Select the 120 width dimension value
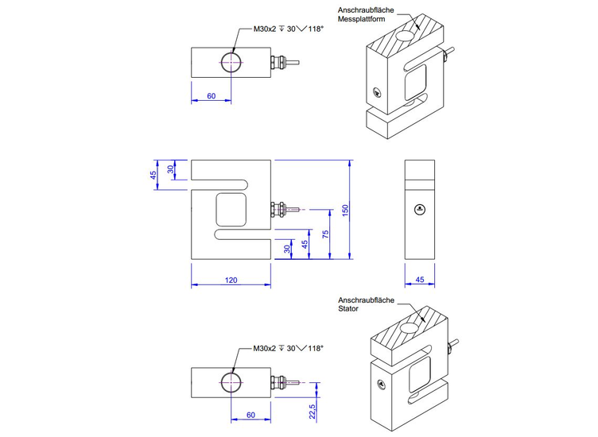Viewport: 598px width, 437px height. (x=231, y=280)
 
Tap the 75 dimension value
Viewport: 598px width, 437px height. (x=325, y=235)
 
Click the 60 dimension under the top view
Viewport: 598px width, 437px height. (x=211, y=96)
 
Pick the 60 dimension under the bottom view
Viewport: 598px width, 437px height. (x=250, y=415)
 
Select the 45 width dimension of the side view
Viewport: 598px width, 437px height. (x=420, y=280)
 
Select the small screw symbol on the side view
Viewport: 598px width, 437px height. (x=420, y=209)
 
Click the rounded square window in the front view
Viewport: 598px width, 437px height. (x=232, y=210)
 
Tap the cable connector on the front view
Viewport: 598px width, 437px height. (x=281, y=210)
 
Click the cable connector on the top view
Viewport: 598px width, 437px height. (x=281, y=63)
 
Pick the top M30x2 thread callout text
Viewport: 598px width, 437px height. (x=286, y=29)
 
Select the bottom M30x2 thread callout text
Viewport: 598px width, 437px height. (x=287, y=349)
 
